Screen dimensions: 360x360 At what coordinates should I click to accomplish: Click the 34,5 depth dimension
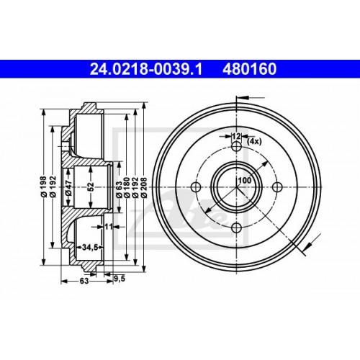(x=89, y=247)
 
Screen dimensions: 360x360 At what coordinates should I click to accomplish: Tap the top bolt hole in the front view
(x=236, y=147)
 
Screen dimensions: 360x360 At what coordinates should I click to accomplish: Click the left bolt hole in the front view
(x=195, y=188)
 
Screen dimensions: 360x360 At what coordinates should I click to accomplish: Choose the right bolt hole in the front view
(x=277, y=188)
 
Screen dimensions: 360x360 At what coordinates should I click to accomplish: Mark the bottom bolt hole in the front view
(x=236, y=228)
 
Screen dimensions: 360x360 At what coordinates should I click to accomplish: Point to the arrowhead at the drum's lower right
(x=307, y=248)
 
